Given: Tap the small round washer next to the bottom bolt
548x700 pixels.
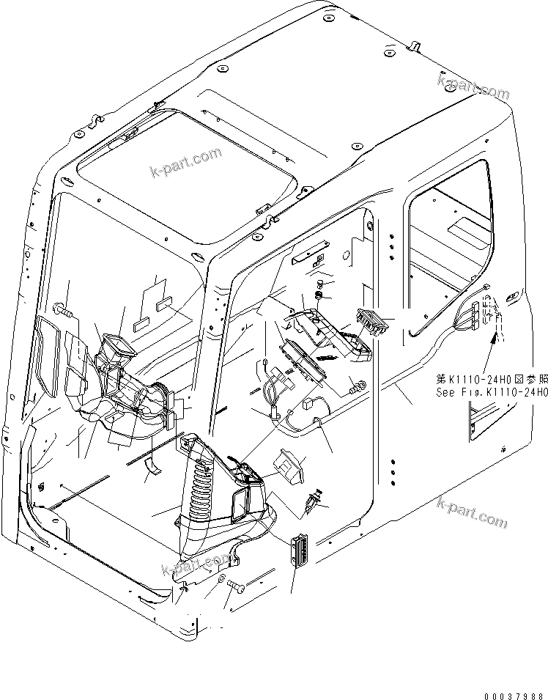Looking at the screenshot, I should coord(221,579).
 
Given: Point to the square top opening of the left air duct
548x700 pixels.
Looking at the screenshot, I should coord(119,344).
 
